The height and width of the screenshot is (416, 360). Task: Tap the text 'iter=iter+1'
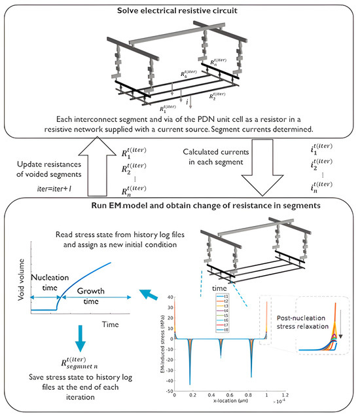pyautogui.click(x=54, y=195)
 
